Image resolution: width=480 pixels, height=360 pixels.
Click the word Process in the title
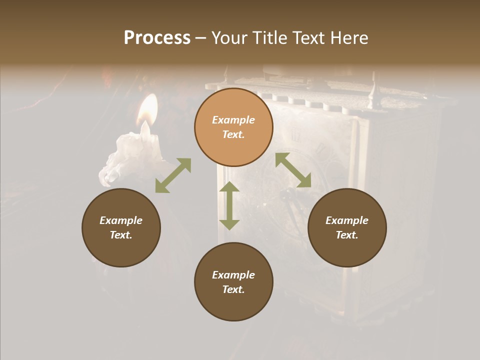pos(157,38)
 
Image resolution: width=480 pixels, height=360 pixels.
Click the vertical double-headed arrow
pos(229,205)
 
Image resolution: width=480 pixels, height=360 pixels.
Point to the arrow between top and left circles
pos(173,175)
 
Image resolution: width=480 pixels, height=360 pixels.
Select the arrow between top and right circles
pos(293,170)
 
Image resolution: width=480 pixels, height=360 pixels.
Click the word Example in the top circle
pos(233,120)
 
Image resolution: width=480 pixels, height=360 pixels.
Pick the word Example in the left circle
pos(121,220)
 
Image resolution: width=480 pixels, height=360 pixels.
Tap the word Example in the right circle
pos(347,220)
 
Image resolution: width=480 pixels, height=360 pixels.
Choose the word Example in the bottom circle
pos(233,275)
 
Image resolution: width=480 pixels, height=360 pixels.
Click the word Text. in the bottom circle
pos(233,289)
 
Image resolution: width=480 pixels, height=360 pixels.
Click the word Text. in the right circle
pos(347,235)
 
